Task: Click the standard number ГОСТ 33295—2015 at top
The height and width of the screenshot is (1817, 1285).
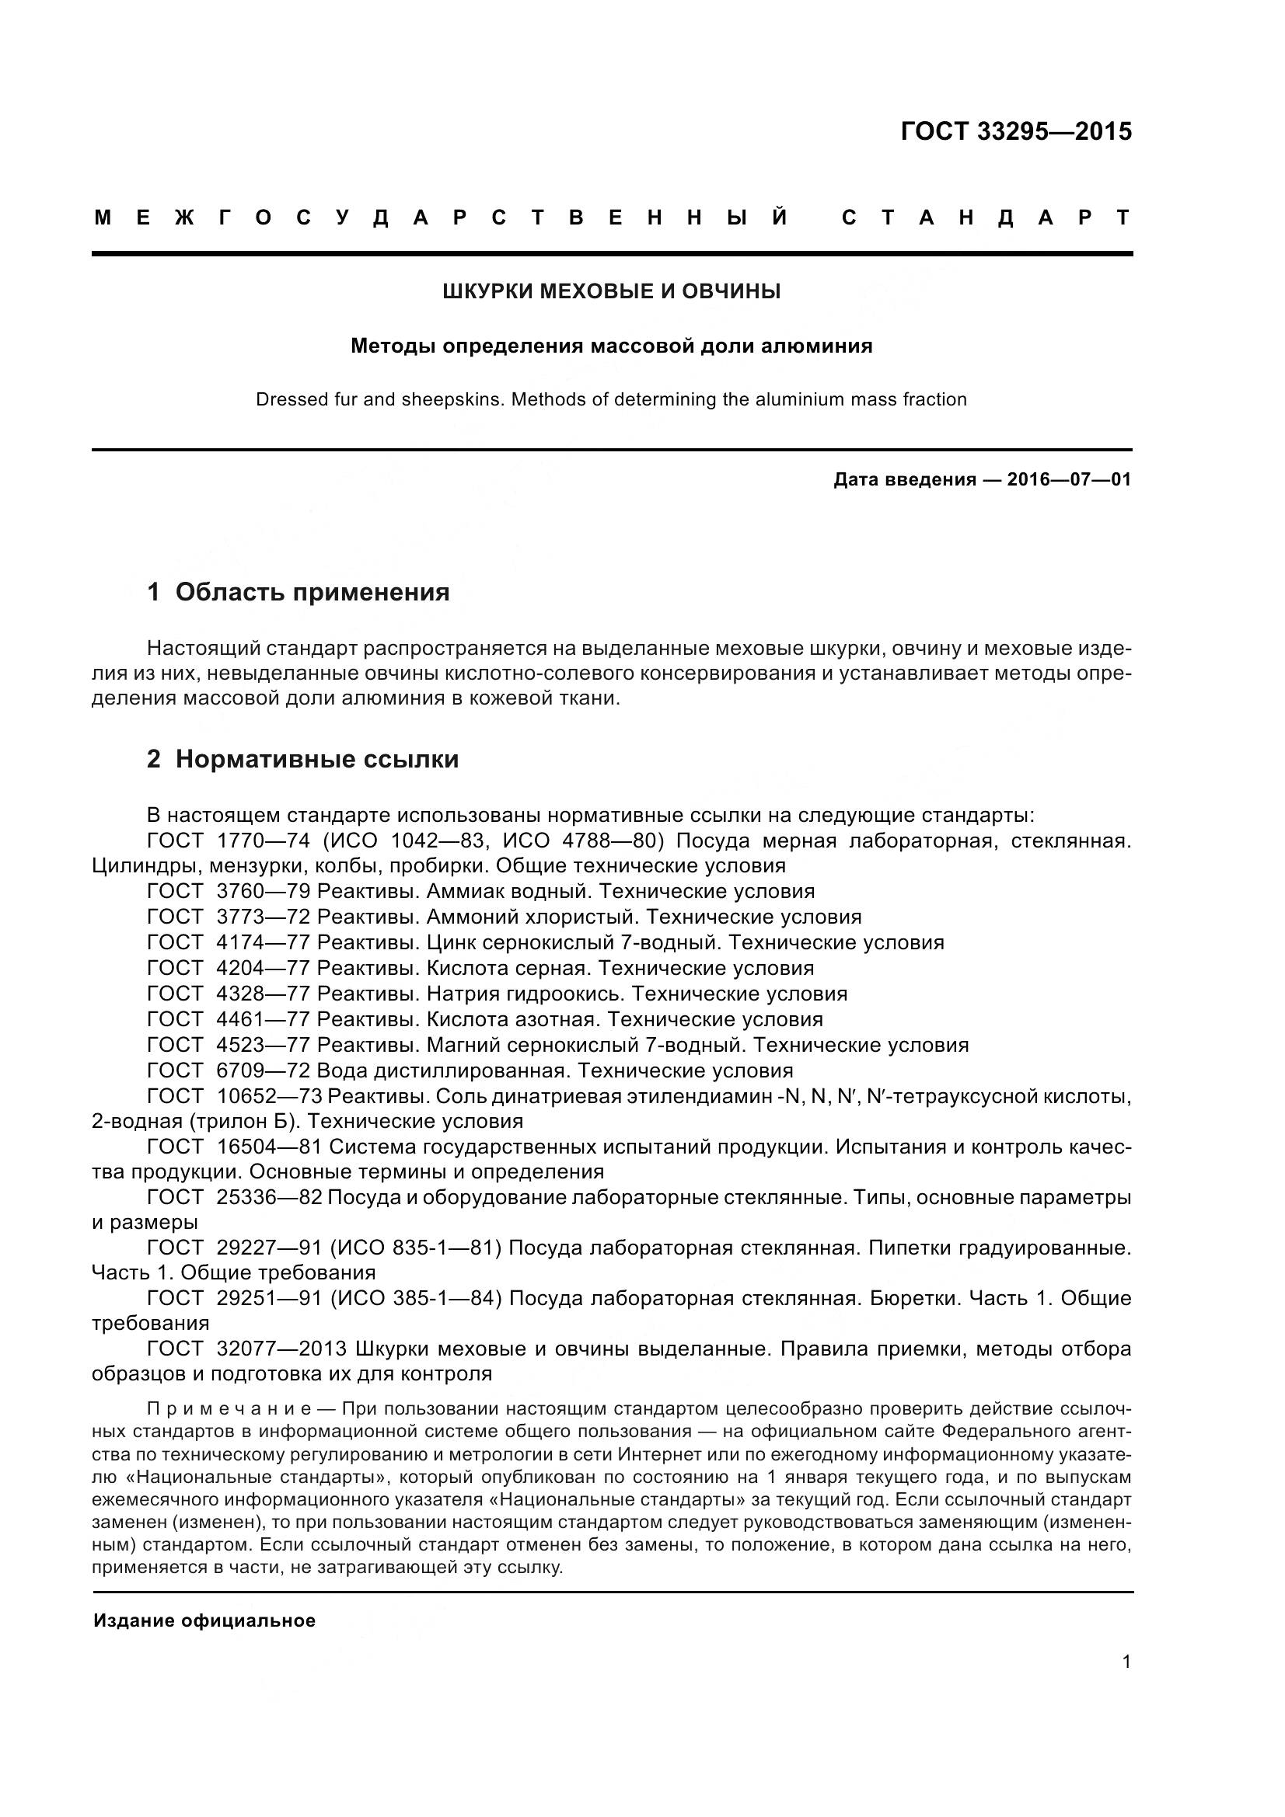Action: point(1016,131)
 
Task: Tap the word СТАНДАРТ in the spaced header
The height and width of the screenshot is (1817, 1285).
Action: point(986,218)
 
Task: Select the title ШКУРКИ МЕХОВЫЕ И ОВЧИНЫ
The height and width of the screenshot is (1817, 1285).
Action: point(611,292)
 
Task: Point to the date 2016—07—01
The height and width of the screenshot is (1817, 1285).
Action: point(1069,479)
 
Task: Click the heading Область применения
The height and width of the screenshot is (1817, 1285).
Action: point(312,592)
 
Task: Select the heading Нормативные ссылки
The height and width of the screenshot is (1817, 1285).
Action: point(316,759)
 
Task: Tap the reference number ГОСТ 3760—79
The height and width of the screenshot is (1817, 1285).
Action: point(229,892)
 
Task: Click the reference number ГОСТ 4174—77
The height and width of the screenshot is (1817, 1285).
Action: point(229,942)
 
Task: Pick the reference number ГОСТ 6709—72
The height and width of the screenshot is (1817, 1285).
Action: point(229,1070)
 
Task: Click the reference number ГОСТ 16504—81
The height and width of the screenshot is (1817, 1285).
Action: point(234,1147)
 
